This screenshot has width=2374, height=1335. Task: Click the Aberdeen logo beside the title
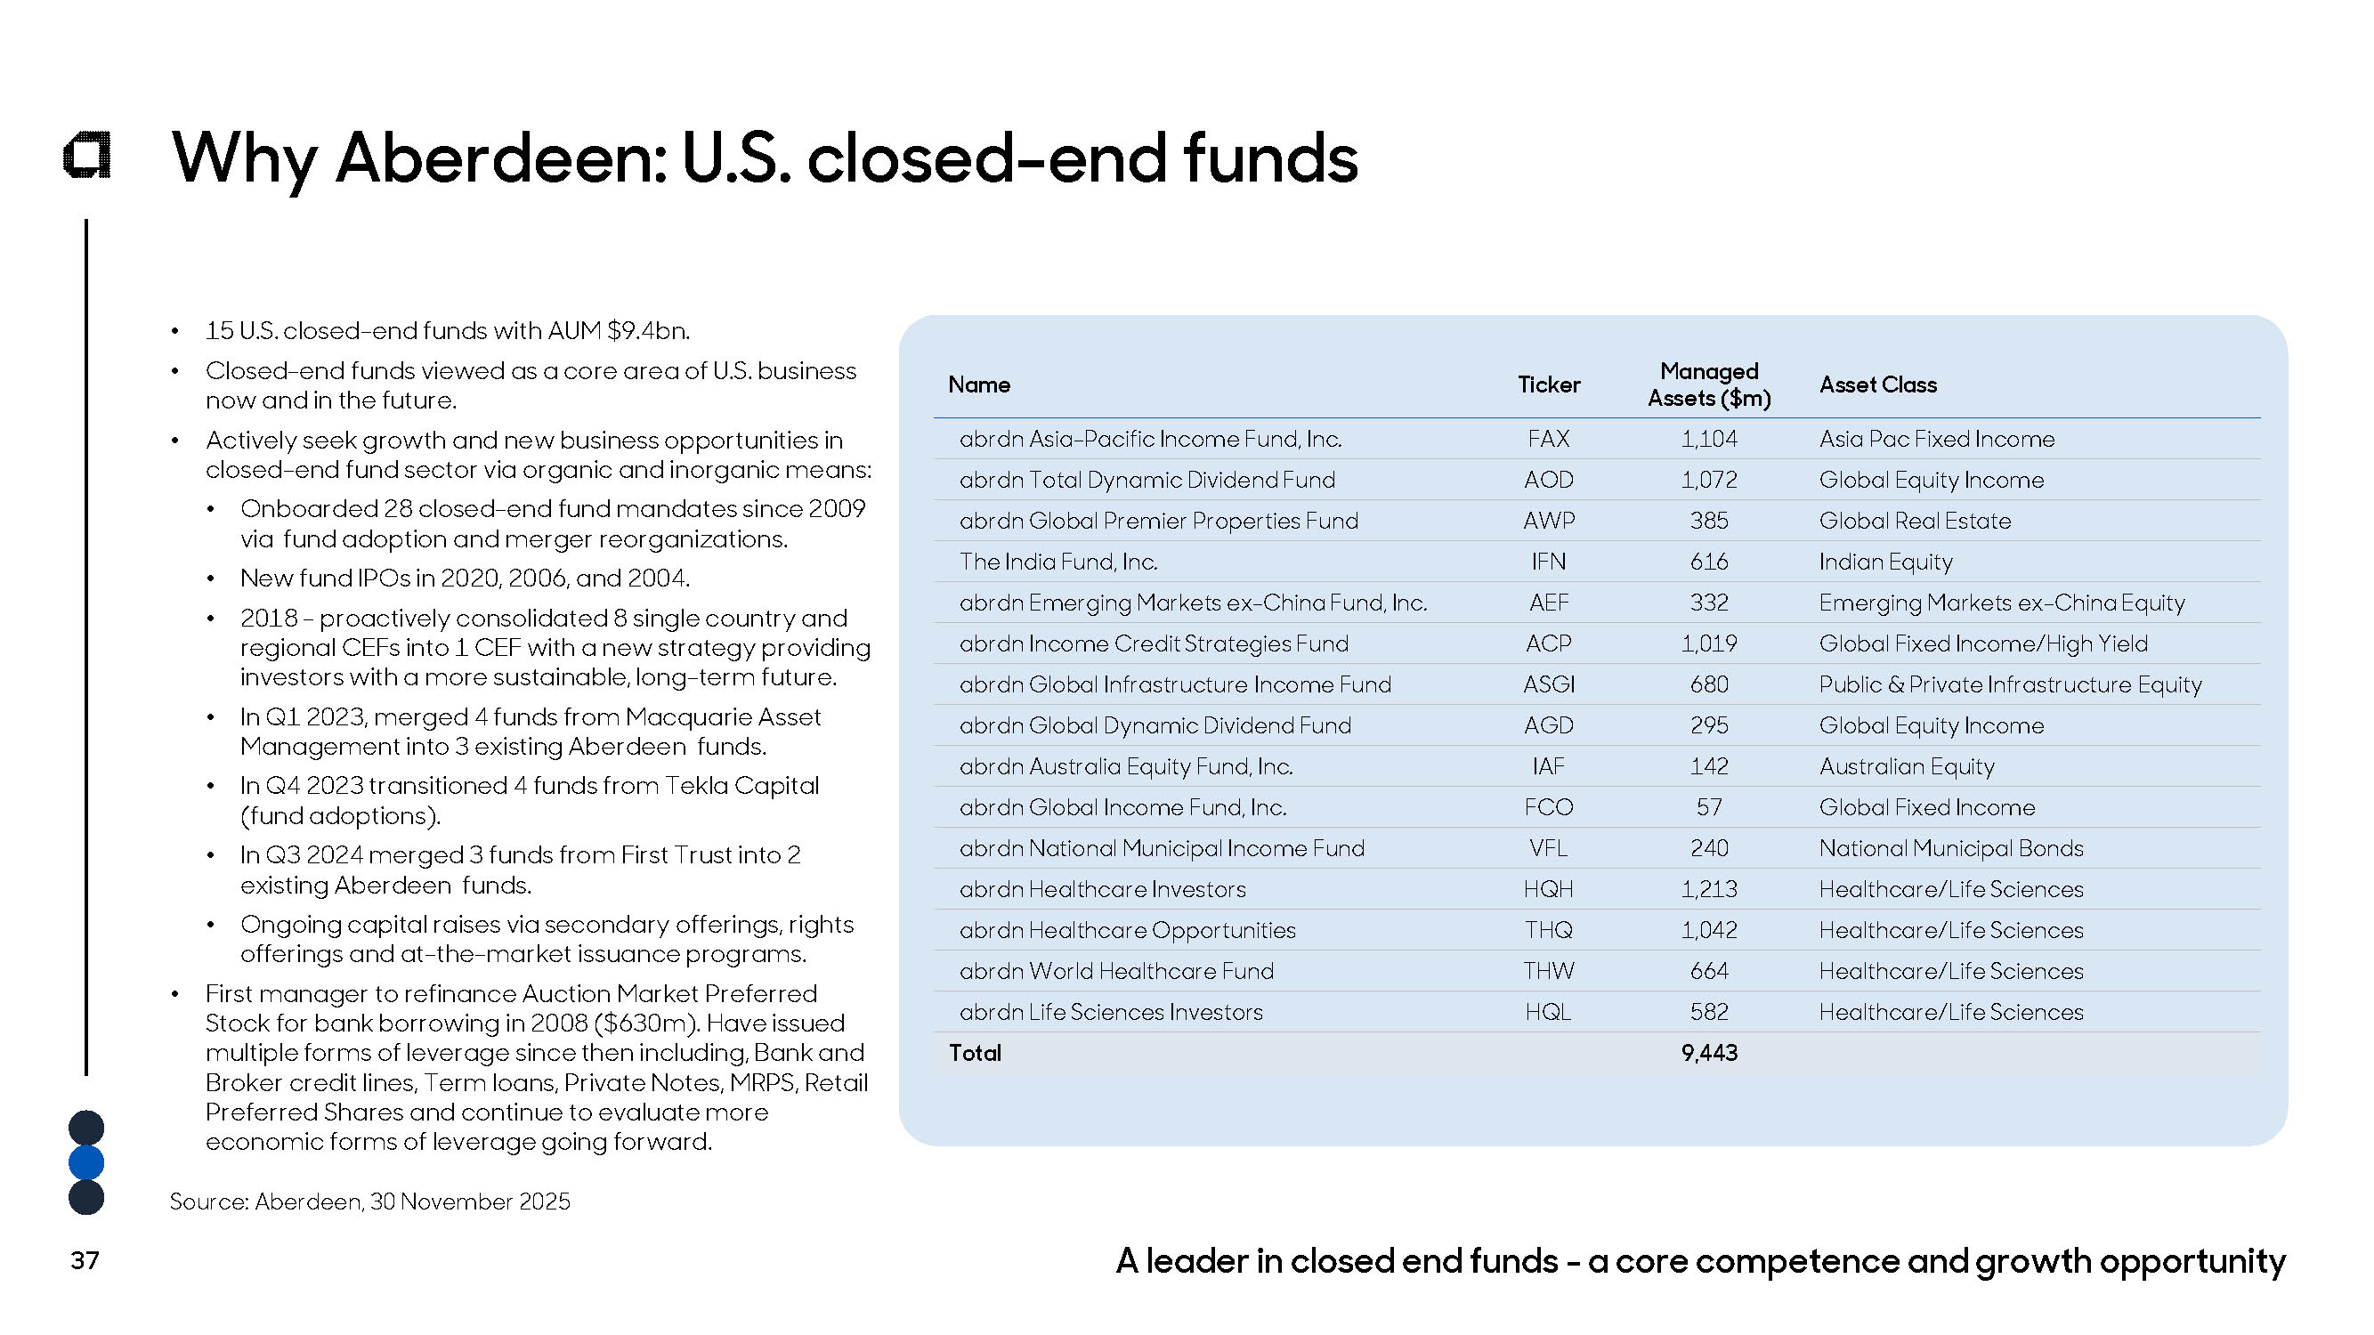[x=87, y=155]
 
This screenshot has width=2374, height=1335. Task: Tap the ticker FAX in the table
[x=1547, y=439]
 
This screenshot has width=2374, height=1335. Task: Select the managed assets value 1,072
[x=1707, y=480]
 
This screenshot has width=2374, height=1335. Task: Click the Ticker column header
[x=1548, y=384]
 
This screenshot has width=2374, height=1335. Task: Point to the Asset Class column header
[x=1877, y=384]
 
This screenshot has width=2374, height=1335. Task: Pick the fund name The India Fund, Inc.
[x=1058, y=562]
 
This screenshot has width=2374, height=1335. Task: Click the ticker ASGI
[x=1548, y=684]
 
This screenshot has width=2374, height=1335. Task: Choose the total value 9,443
[x=1708, y=1053]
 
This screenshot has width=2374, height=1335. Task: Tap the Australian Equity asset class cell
[x=1906, y=766]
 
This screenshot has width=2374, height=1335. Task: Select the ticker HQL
[x=1547, y=1013]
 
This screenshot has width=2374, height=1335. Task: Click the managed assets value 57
[x=1708, y=808]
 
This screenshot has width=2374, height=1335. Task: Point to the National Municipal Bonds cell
[x=1950, y=848]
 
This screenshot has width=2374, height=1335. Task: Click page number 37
[x=85, y=1260]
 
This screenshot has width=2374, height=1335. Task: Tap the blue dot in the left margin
[x=86, y=1162]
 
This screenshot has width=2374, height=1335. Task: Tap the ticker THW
[x=1548, y=971]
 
